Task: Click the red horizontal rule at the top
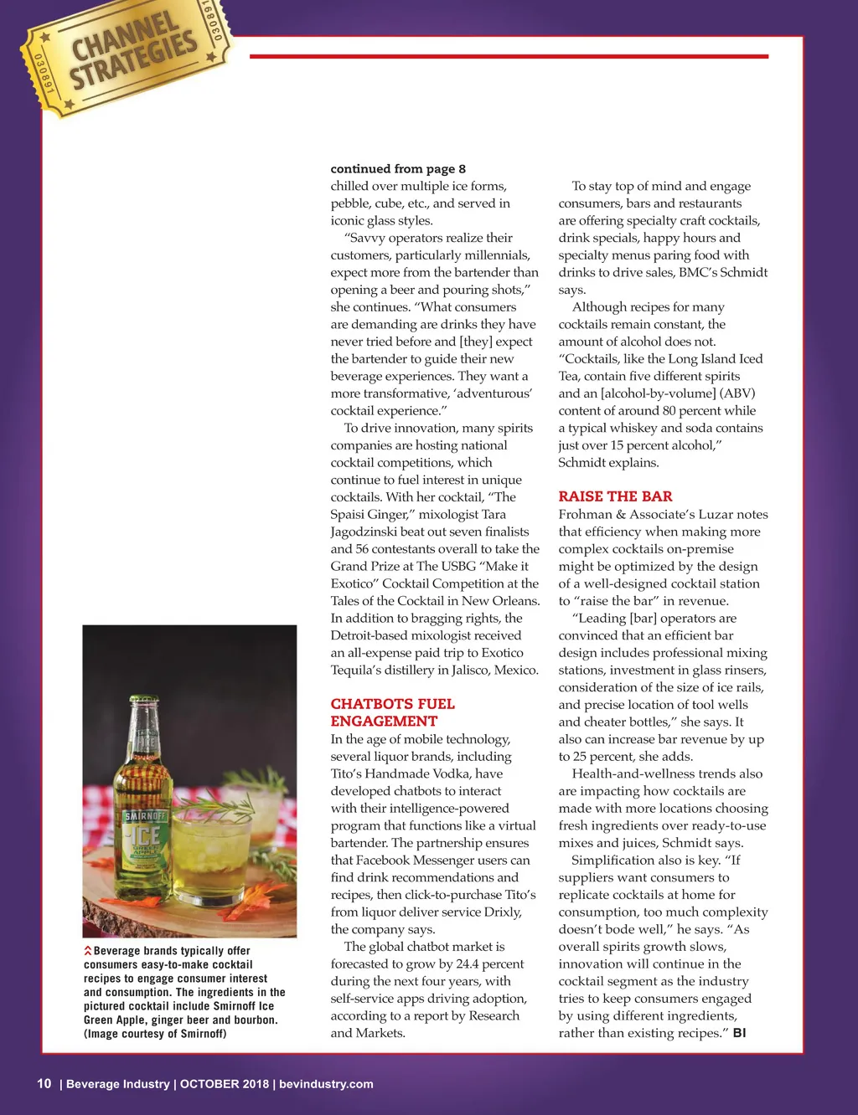click(x=509, y=56)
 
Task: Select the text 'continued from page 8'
click(x=398, y=168)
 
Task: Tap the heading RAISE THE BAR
click(x=615, y=496)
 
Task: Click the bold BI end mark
click(x=739, y=1033)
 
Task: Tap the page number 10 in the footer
click(x=44, y=1083)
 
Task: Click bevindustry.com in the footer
click(x=326, y=1084)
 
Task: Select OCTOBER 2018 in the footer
click(x=225, y=1084)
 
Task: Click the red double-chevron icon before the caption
click(x=88, y=951)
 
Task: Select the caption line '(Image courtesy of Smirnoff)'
click(x=155, y=1034)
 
